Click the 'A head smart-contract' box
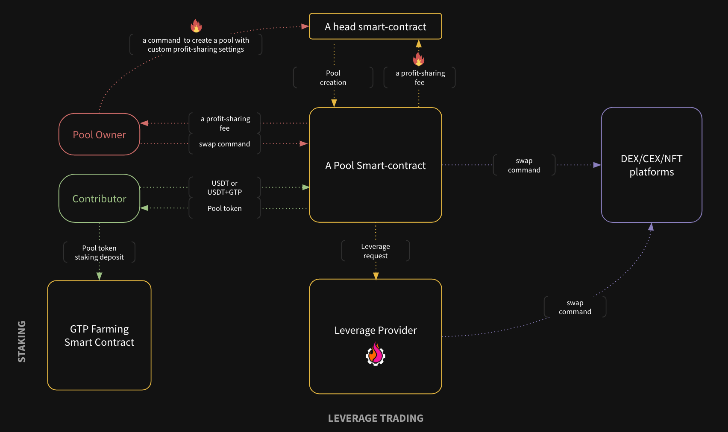click(375, 26)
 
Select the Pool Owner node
click(99, 134)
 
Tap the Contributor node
click(99, 198)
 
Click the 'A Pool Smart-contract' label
click(375, 166)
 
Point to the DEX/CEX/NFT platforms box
click(651, 165)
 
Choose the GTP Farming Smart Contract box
click(99, 336)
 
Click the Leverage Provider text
click(375, 330)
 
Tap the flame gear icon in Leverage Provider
click(375, 354)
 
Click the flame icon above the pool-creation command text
click(196, 26)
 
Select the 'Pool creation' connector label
click(333, 78)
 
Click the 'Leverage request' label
click(375, 251)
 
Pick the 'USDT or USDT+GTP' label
click(224, 187)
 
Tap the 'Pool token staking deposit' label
click(99, 252)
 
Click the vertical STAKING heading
click(22, 342)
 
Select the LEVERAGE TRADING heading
click(375, 418)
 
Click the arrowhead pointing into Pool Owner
click(144, 123)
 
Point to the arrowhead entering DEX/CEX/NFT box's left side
click(597, 165)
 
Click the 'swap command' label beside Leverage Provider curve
click(575, 307)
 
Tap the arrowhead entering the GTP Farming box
click(99, 276)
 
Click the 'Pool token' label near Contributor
click(224, 208)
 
